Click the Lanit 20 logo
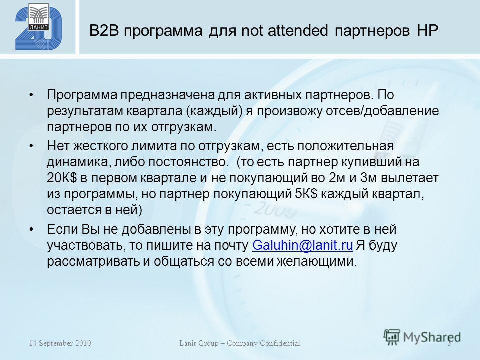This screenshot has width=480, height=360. click(39, 27)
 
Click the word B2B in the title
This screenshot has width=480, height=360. click(104, 31)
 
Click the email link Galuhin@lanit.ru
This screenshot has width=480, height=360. click(303, 246)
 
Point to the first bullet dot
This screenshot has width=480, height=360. click(31, 95)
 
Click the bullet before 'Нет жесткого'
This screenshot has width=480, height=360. click(31, 146)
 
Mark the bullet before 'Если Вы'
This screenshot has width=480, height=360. click(31, 229)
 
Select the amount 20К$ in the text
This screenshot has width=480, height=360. click(62, 178)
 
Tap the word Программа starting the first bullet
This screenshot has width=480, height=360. click(82, 95)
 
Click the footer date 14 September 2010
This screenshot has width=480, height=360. click(60, 343)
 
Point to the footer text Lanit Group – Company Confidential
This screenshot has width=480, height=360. click(239, 343)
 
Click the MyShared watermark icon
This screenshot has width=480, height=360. click(392, 337)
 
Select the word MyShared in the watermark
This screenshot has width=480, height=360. click(432, 337)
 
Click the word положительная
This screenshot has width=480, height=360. click(345, 146)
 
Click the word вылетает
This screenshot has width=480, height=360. click(410, 178)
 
